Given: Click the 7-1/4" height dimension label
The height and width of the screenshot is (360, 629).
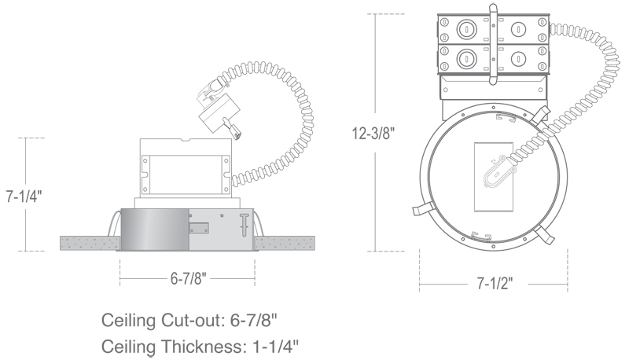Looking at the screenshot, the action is tap(24, 196).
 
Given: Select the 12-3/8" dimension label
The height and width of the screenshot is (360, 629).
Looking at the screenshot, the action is tap(373, 133).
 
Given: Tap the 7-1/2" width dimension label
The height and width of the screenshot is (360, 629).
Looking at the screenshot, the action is tap(495, 284).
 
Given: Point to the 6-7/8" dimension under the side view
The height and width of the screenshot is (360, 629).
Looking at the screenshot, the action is tap(188, 277).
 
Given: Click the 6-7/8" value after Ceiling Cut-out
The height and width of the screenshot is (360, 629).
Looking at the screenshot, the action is tap(253, 321).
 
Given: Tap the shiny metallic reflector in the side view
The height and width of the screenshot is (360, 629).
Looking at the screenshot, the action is tap(155, 230).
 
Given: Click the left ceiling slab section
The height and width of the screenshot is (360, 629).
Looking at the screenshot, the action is tap(90, 243).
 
